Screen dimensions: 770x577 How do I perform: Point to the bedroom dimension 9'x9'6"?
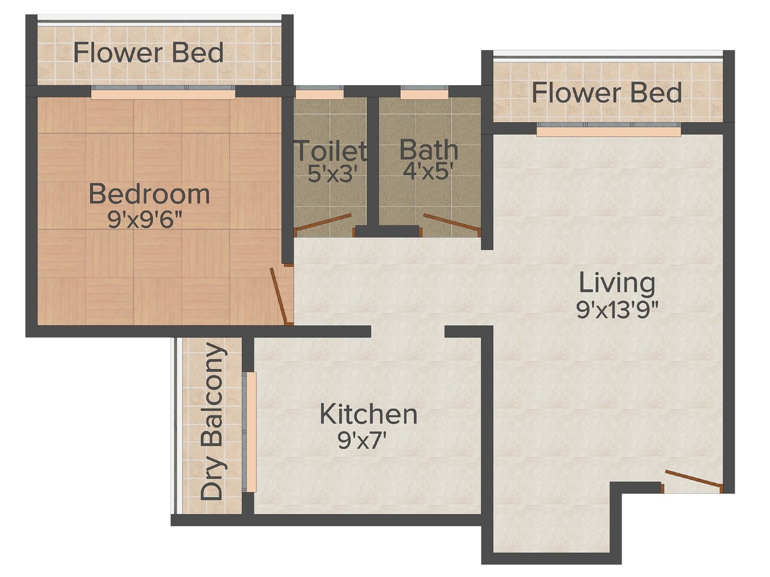pyautogui.click(x=145, y=221)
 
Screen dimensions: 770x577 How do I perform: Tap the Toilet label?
pyautogui.click(x=331, y=151)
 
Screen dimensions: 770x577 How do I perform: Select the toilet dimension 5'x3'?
pyautogui.click(x=333, y=173)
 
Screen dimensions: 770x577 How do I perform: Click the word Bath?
pyautogui.click(x=429, y=150)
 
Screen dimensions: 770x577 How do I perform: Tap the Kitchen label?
pyautogui.click(x=369, y=415)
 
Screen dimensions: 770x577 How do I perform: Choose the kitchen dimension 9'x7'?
pyautogui.click(x=362, y=440)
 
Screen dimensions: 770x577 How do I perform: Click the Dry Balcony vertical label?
pyautogui.click(x=213, y=421)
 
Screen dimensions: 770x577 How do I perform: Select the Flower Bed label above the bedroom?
pyautogui.click(x=148, y=52)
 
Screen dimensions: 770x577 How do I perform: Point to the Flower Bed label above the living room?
pyautogui.click(x=607, y=93)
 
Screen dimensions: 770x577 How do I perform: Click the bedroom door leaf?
pyautogui.click(x=281, y=295)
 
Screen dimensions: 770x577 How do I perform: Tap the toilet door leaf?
pyautogui.click(x=323, y=222)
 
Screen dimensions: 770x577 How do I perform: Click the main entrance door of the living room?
pyautogui.click(x=694, y=479)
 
